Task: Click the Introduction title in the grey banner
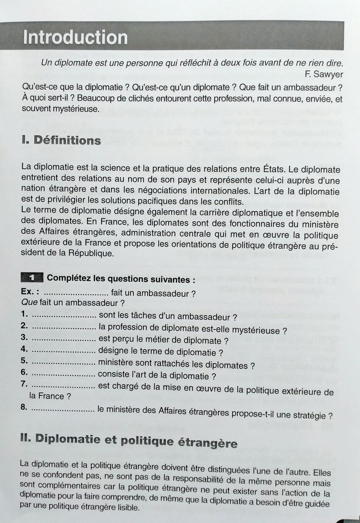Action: point(75,37)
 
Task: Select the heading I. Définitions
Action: point(61,141)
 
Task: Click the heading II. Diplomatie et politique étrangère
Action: point(129,443)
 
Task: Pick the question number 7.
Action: point(24,385)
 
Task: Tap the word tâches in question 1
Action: point(138,315)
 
